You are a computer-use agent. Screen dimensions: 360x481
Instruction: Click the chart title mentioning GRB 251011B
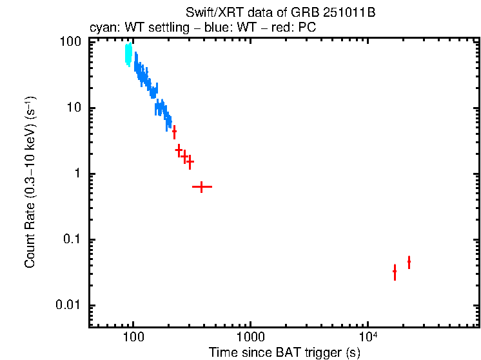tap(280, 13)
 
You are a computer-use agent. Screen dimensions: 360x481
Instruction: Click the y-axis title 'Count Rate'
tap(30, 183)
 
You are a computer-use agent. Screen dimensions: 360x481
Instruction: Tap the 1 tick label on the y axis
tap(76, 174)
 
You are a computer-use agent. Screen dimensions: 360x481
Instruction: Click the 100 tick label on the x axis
tap(133, 337)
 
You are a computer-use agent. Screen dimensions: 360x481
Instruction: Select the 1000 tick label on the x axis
tap(250, 337)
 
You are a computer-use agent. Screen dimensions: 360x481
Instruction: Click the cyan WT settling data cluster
tap(128, 54)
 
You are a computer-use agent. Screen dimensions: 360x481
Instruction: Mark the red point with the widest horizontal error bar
tap(202, 186)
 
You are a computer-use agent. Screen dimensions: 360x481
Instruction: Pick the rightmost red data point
tap(409, 261)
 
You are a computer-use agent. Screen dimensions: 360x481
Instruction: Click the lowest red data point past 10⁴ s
tap(395, 272)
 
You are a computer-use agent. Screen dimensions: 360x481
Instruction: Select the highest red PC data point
tap(174, 131)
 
